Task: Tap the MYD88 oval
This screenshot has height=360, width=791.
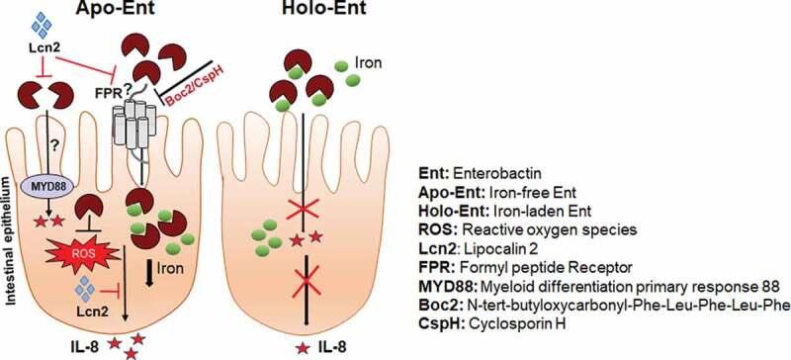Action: coord(64,188)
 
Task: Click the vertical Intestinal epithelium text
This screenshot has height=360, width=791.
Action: coord(9,213)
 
